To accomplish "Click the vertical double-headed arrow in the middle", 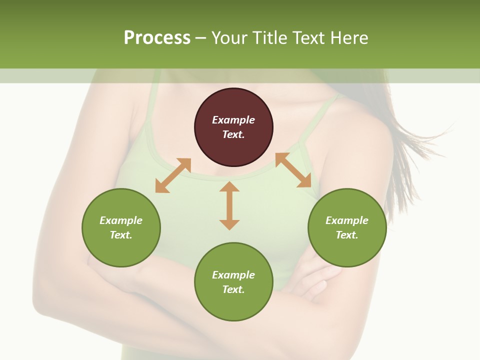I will click(229, 206).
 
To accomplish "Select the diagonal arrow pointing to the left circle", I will click(173, 175).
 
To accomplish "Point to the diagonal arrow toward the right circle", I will click(293, 170).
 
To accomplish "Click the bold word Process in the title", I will click(157, 37).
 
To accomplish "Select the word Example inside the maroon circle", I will click(233, 120).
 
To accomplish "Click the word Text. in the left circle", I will click(121, 235).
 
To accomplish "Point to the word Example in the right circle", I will click(347, 220).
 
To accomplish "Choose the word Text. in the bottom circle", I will click(233, 289).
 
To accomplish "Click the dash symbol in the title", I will click(200, 38).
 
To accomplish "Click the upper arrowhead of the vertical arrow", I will click(229, 187).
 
